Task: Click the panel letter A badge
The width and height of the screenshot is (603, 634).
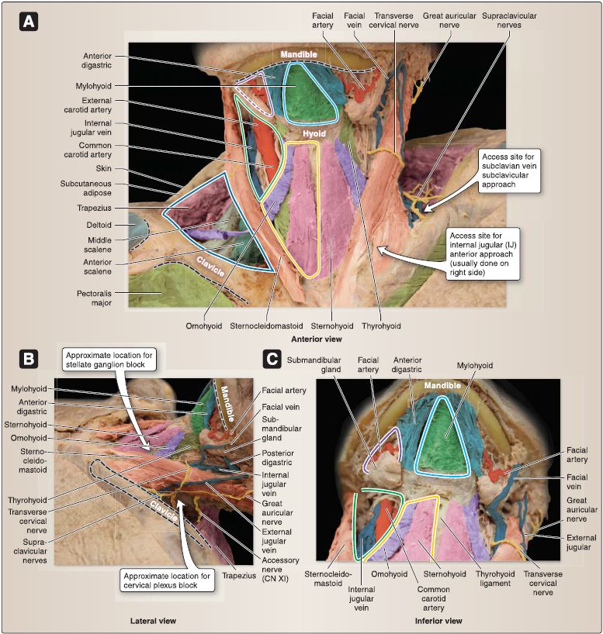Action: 29,22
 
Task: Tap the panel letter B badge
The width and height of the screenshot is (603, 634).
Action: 29,359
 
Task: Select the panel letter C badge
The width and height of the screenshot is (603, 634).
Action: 272,359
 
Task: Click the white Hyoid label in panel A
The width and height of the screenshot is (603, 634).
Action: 314,133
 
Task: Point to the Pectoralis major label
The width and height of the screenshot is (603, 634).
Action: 94,298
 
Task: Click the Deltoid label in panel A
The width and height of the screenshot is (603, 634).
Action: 99,225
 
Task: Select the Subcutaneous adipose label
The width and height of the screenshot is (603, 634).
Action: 86,188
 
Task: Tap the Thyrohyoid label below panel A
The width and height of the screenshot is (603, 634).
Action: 381,326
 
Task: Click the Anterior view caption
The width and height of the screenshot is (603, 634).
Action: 317,339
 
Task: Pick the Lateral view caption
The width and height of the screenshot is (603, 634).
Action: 153,621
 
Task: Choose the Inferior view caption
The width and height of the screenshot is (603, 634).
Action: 438,621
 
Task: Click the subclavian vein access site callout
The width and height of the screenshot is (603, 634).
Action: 508,171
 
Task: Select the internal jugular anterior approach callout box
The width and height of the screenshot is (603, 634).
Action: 483,254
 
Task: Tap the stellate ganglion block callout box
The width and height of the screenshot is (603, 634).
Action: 109,360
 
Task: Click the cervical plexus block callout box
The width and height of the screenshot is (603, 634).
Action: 167,581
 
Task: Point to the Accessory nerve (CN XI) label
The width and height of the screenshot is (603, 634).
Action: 280,570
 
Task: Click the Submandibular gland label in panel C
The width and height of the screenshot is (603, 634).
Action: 314,365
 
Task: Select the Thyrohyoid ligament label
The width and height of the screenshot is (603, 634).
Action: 495,579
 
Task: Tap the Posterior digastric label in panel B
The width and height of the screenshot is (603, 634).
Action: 277,457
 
